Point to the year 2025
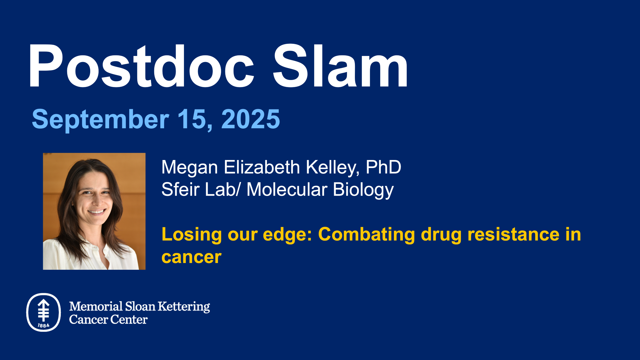coord(251,119)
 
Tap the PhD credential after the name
coord(383,167)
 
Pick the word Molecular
coord(287,189)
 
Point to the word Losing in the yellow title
coord(191,235)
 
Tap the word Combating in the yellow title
coord(367,235)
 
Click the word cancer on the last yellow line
coord(191,257)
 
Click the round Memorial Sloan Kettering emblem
coord(44,312)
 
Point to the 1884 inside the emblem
coord(44,325)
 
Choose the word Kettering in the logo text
coord(184,307)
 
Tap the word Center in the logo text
coord(129,319)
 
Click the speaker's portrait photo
coord(94,211)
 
